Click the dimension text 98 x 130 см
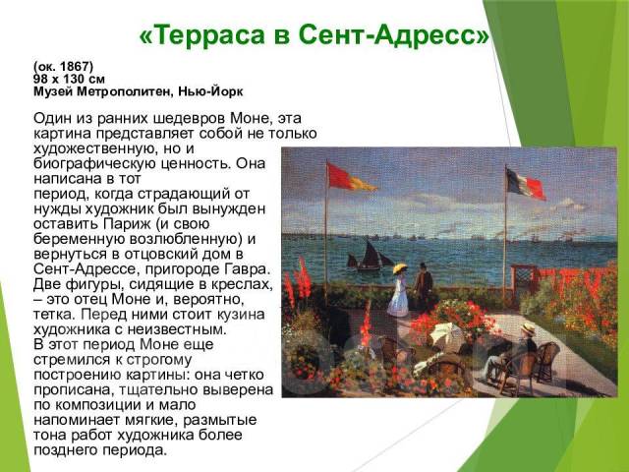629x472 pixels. (x=69, y=79)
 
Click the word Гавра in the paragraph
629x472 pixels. (x=247, y=269)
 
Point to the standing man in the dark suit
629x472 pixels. (x=424, y=286)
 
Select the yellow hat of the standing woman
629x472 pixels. (x=400, y=267)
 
